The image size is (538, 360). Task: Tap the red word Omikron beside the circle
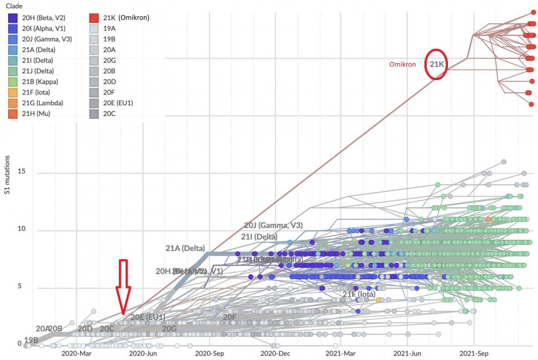[402, 64]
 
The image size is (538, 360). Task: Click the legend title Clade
[14, 6]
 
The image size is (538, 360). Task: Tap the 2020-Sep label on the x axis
[210, 354]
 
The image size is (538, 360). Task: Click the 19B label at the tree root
[31, 340]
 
